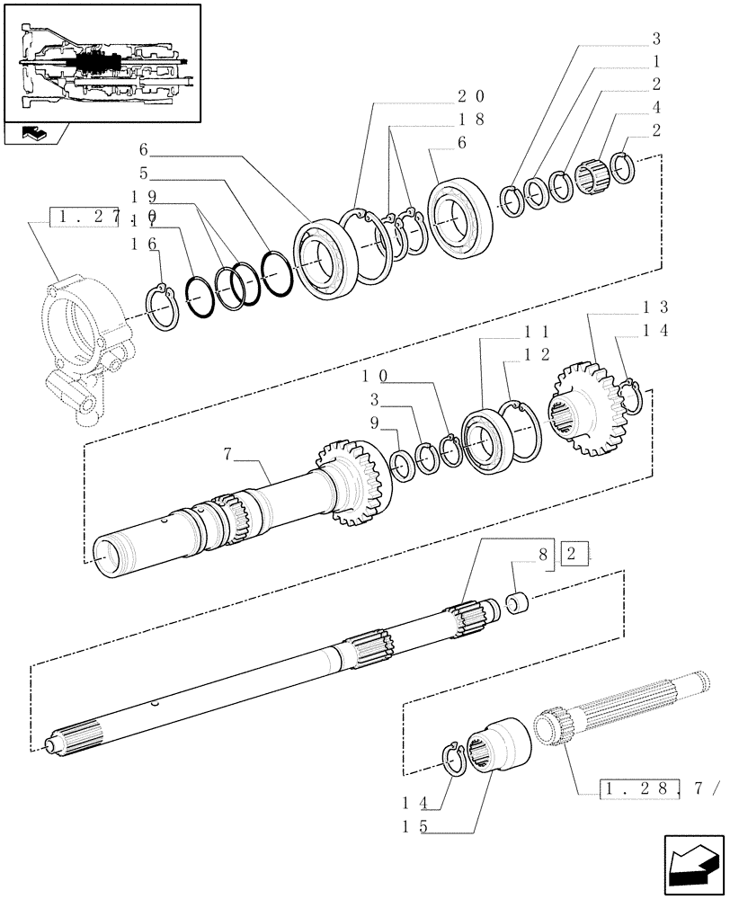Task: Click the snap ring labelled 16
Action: coord(163,305)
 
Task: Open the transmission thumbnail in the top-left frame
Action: coord(101,62)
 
